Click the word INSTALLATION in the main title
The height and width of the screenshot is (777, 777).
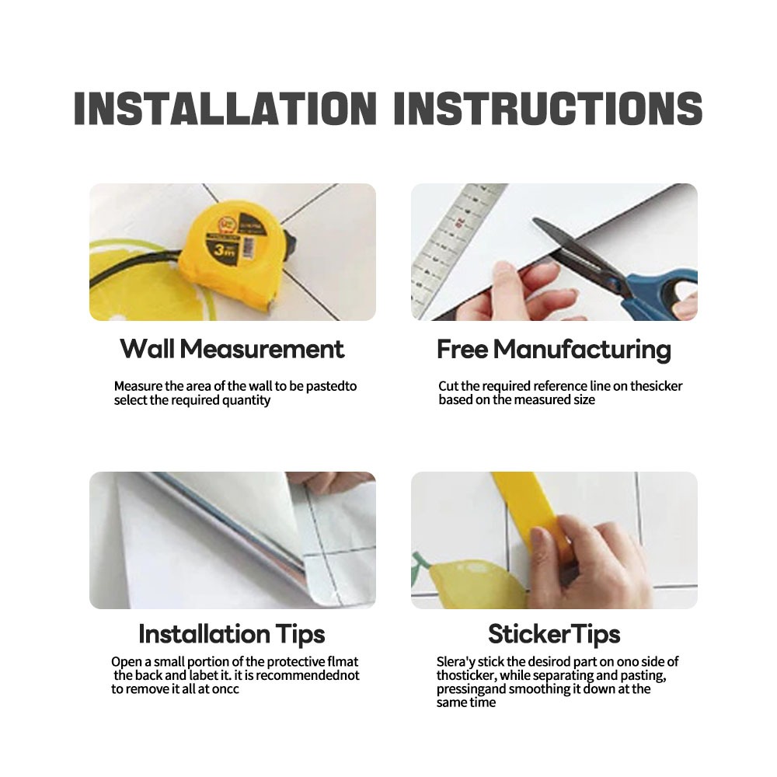pos(225,108)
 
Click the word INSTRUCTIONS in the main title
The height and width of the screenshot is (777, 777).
pos(548,108)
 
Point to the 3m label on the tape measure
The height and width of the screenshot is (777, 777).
pos(224,250)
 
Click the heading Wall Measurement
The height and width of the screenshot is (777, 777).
pos(232,349)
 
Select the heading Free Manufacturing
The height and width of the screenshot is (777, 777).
pos(554,350)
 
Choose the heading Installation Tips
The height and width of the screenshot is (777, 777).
pos(232,634)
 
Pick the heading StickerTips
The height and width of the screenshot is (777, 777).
pos(554,634)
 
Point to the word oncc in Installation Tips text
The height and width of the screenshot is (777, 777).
pos(225,689)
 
